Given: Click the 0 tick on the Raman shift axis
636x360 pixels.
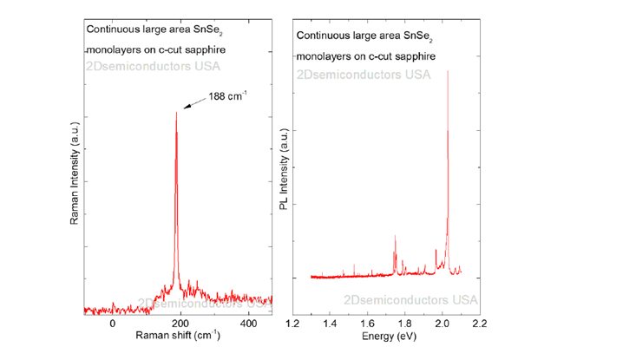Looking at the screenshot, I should (113, 323).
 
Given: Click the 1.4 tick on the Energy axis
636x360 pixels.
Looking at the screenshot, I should (330, 324).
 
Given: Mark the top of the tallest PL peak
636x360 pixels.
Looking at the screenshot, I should (448, 71).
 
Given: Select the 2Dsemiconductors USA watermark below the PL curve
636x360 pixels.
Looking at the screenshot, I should (410, 300).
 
